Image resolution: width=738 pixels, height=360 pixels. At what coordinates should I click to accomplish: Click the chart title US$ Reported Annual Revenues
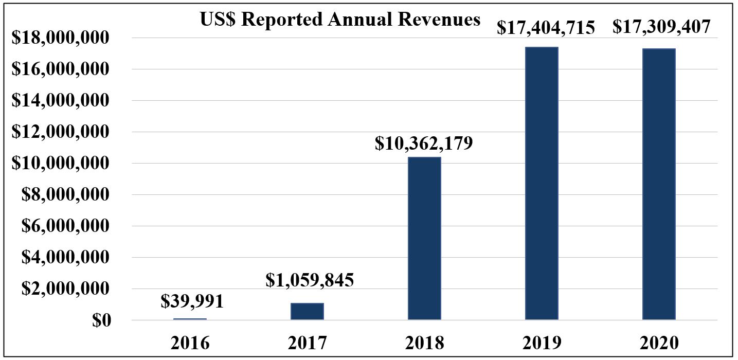339,20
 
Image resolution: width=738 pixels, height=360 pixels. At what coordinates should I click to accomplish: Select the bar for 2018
424,239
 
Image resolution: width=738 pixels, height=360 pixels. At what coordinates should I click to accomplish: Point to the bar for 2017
307,311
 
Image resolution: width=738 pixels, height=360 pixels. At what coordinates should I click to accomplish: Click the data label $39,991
192,301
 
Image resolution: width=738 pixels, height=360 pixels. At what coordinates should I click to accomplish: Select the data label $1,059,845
310,281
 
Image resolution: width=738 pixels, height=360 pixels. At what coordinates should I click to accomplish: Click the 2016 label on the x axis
191,343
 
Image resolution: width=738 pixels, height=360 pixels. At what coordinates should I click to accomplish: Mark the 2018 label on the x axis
424,343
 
